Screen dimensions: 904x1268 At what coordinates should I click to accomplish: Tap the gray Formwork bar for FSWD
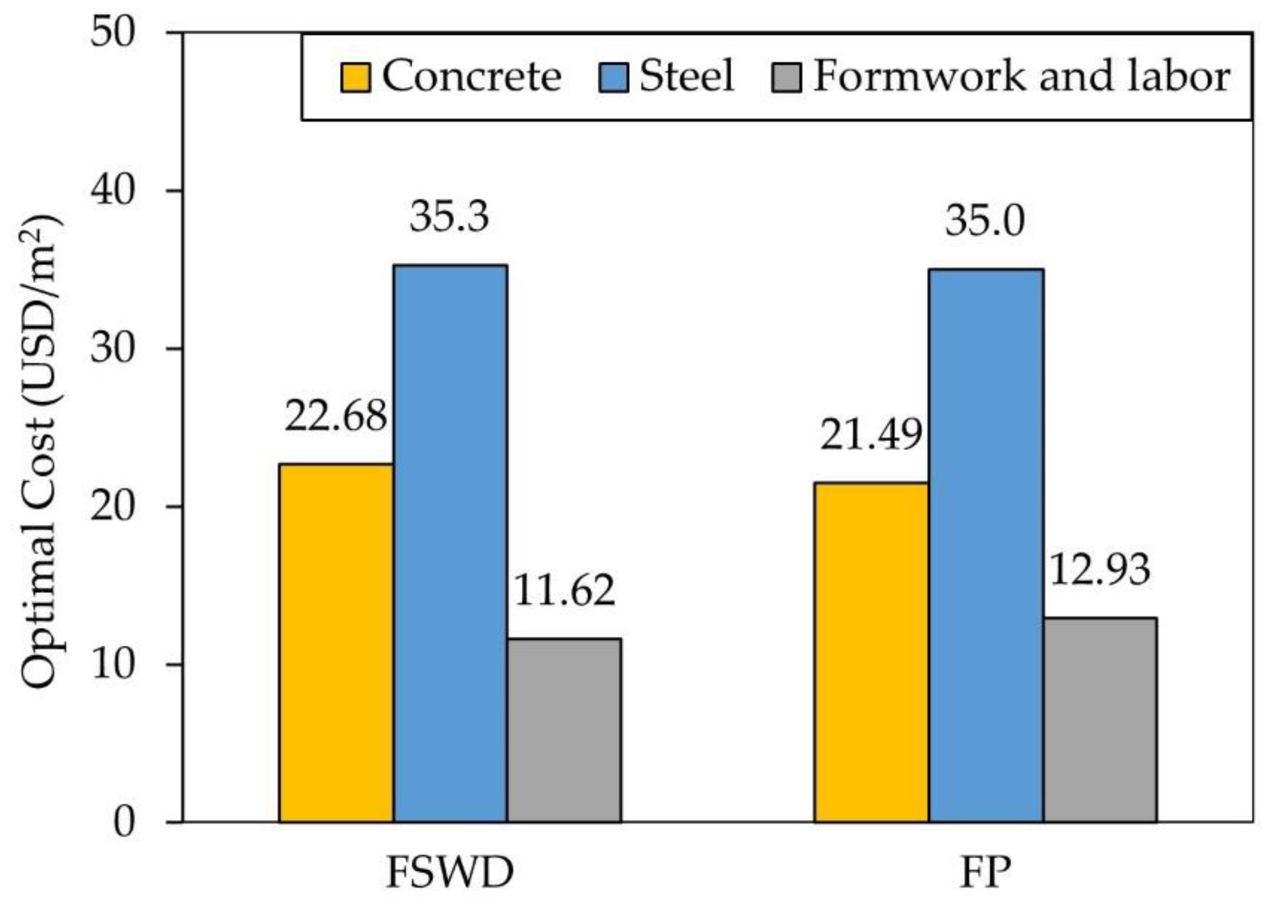(564, 730)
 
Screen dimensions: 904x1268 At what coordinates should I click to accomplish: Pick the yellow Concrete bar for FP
(871, 652)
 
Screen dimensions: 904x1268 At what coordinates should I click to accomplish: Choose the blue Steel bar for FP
(986, 545)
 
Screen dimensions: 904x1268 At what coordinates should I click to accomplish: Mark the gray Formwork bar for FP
(1100, 719)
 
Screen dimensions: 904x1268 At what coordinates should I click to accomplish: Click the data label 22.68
(335, 416)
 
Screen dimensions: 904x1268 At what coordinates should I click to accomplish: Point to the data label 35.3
(449, 217)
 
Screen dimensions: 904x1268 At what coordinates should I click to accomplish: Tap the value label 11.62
(563, 591)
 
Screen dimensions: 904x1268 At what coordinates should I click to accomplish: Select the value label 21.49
(871, 435)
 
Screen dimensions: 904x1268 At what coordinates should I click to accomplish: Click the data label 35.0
(984, 221)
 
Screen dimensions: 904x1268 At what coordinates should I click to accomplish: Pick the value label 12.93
(1099, 569)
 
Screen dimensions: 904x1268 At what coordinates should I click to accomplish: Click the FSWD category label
(450, 873)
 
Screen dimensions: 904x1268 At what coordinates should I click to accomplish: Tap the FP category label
(985, 873)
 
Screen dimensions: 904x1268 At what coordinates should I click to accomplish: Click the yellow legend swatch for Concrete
(356, 78)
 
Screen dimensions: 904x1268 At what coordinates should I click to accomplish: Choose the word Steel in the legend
(687, 76)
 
